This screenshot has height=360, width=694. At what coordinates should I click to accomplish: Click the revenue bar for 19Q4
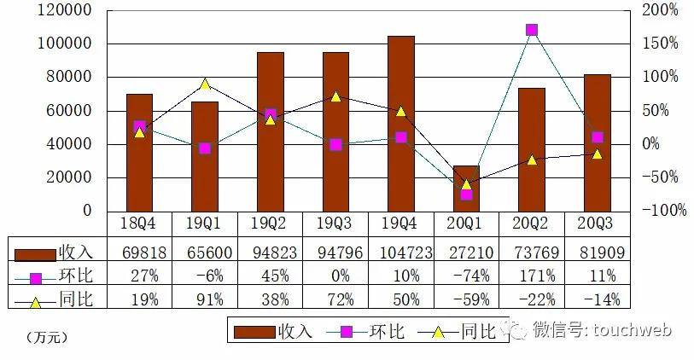pyautogui.click(x=400, y=124)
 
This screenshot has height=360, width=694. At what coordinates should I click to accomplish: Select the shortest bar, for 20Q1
pyautogui.click(x=466, y=189)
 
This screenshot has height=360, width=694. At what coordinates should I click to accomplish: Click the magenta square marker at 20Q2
pyautogui.click(x=532, y=30)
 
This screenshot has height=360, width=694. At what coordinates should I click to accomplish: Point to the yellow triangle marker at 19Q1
pyautogui.click(x=204, y=84)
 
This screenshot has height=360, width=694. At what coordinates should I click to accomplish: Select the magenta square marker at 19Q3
pyautogui.click(x=335, y=145)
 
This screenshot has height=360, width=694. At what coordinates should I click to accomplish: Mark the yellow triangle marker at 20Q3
pyautogui.click(x=598, y=154)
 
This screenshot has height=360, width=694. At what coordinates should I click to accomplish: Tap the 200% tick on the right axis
pyautogui.click(x=660, y=10)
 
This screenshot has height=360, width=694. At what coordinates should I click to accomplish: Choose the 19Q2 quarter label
pyautogui.click(x=270, y=224)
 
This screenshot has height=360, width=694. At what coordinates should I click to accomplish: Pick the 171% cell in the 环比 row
pyautogui.click(x=532, y=276)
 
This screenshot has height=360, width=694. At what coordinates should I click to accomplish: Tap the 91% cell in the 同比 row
pyautogui.click(x=204, y=299)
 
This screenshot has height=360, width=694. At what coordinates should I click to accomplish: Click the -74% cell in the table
pyautogui.click(x=466, y=276)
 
